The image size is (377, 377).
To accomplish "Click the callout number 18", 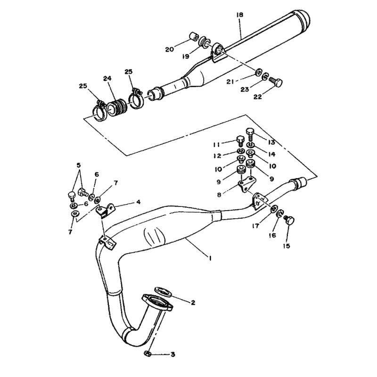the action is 239,15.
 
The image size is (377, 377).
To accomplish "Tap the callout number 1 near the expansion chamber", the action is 210,258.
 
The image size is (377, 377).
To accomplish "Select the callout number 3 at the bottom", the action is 172,354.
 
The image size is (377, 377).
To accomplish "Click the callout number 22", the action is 257,97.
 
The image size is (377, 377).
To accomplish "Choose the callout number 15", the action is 287,246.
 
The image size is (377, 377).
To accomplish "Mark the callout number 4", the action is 138,202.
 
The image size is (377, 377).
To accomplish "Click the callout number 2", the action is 193,303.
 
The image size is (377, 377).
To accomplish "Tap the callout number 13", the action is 271,142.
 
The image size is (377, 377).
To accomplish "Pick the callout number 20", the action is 169,49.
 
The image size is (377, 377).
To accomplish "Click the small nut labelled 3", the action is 148,354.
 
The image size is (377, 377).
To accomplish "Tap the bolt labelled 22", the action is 275,82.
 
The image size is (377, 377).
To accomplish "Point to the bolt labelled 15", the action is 289,220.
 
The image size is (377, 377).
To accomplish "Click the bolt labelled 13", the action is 250,134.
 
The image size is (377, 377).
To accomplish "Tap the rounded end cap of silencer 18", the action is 303,19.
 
